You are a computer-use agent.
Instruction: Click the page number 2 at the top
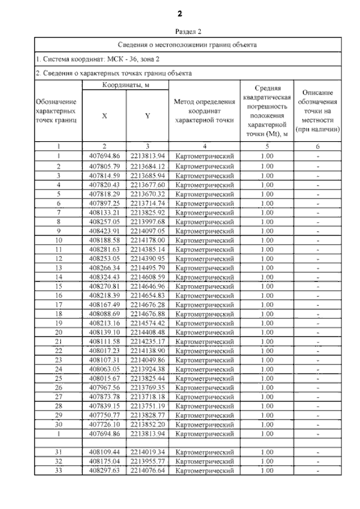[180, 13]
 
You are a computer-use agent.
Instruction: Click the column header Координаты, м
[125, 84]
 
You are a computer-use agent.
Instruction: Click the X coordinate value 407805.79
[105, 166]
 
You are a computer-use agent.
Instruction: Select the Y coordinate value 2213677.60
[147, 184]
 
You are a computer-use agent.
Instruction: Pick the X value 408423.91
[105, 231]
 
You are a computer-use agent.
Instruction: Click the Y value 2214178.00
[147, 240]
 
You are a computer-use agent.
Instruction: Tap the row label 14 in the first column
[58, 276]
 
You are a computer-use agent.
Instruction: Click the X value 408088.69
[105, 313]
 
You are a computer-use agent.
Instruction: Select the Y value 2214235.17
[147, 341]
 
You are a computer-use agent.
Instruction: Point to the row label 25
[58, 378]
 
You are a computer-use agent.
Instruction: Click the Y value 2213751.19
[147, 406]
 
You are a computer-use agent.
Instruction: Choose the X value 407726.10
[105, 424]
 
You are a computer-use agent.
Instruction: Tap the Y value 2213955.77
[147, 461]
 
